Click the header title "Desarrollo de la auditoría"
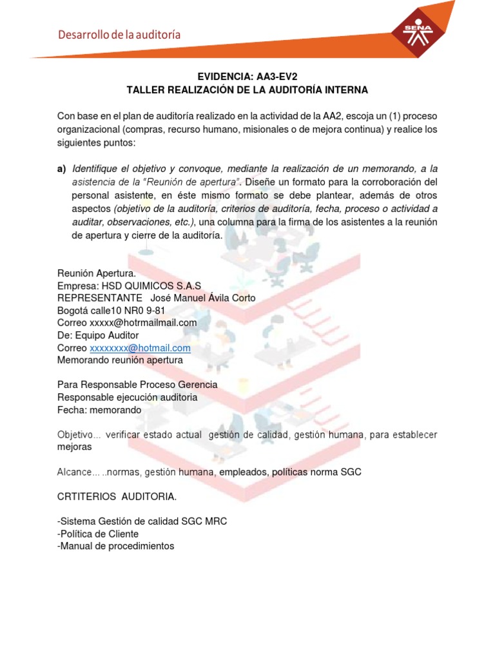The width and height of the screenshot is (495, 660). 119,35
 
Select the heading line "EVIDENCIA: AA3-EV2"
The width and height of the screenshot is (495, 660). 247,76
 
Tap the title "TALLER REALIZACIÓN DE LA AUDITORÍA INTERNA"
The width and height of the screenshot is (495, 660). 247,90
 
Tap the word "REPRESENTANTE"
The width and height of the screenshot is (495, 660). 100,298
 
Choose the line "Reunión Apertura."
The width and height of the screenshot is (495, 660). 97,273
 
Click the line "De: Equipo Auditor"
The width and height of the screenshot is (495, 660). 97,335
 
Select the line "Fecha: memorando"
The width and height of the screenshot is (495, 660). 99,410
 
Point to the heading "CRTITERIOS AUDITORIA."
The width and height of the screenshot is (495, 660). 117,497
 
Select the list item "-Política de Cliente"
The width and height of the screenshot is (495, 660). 98,534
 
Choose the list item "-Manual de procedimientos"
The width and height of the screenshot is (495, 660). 116,547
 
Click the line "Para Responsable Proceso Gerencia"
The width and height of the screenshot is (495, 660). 137,385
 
